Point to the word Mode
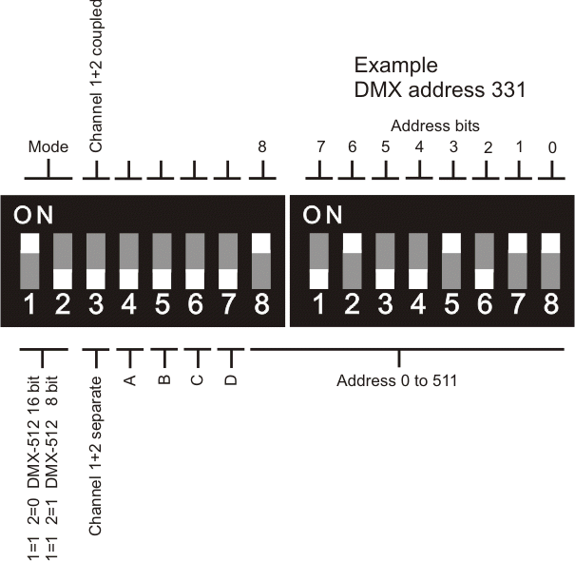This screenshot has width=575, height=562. (x=48, y=147)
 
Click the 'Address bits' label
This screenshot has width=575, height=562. (x=435, y=126)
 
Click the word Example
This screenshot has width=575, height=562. (x=395, y=66)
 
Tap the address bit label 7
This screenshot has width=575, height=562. (x=320, y=147)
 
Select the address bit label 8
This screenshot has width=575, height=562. (x=261, y=147)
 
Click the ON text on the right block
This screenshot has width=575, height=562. (x=324, y=216)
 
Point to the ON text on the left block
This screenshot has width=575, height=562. (x=35, y=216)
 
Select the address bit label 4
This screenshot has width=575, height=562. (x=419, y=147)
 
